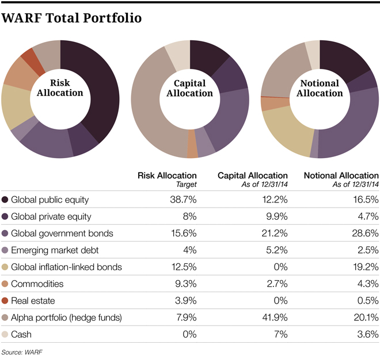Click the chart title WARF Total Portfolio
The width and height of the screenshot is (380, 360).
pos(72,18)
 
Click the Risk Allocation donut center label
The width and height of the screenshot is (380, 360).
pos(60,87)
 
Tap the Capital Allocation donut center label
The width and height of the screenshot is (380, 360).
pos(189,88)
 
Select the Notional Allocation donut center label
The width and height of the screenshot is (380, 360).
pos(320,88)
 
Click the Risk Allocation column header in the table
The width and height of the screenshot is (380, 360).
pos(167,175)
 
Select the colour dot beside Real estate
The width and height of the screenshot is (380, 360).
pos(5,300)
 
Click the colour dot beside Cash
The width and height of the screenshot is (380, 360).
pos(5,334)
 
